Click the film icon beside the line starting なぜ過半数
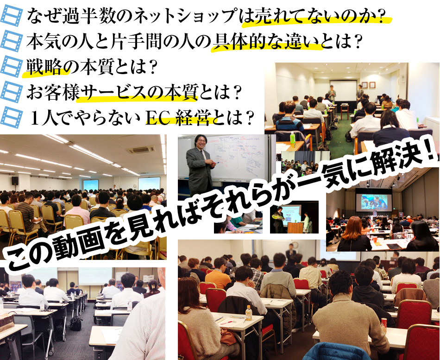click(x=12, y=16)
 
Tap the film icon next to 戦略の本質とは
click(x=12, y=67)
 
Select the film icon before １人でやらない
click(x=12, y=117)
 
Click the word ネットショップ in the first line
click(x=185, y=16)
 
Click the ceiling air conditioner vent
click(x=141, y=150)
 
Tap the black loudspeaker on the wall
click(x=15, y=181)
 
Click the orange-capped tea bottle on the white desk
click(x=249, y=313)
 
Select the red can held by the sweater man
click(x=383, y=322)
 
